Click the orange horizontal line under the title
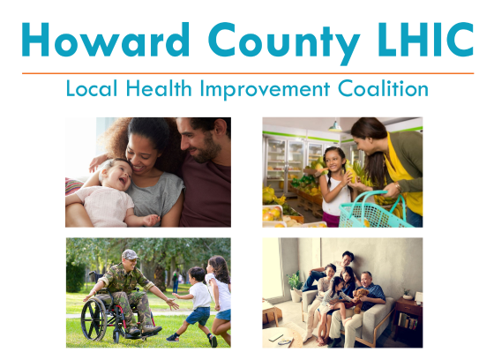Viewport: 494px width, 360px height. [x=247, y=73]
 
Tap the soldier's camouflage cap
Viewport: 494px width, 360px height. [x=130, y=254]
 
